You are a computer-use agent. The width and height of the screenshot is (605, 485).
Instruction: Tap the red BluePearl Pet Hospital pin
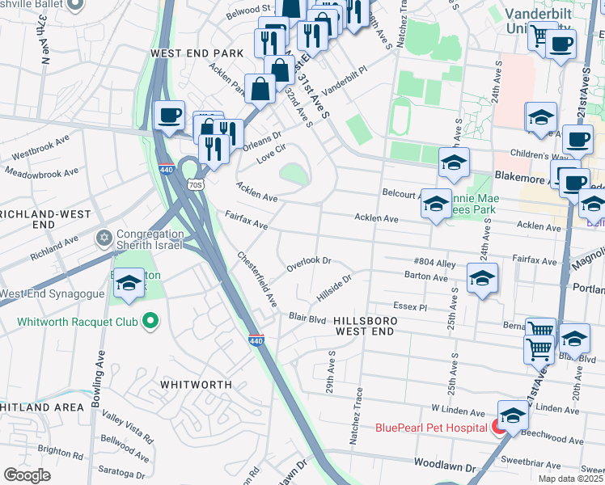coord(499,427)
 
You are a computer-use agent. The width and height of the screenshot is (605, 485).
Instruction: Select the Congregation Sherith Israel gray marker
coord(103,238)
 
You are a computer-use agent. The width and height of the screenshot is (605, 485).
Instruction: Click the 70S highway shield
coord(194,184)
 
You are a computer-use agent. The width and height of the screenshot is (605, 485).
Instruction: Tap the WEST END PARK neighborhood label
coord(197,53)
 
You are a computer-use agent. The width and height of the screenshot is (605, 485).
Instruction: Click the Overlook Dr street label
coord(309,264)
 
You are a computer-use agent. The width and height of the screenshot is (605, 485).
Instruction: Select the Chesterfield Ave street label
coord(257,279)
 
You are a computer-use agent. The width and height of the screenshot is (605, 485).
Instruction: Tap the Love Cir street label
coord(271,154)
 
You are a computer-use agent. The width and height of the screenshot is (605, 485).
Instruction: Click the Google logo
coord(27,475)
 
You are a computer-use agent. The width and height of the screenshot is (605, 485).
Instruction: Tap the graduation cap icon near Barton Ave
coord(482,279)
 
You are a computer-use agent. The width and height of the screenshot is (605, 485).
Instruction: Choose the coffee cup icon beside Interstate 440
coord(170,115)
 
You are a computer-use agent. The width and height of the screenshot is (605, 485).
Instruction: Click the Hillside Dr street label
coord(334,288)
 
